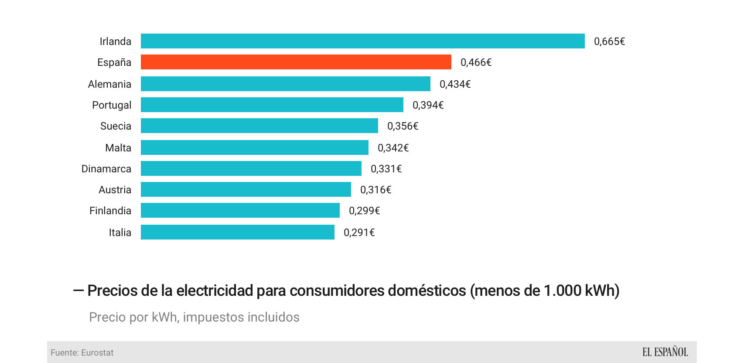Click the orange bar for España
click(296, 62)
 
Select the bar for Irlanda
click(362, 41)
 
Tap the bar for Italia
click(237, 232)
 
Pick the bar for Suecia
click(259, 126)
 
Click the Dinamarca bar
click(251, 168)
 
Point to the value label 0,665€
click(609, 41)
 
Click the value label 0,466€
click(476, 62)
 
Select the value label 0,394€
click(428, 105)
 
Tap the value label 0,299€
click(364, 211)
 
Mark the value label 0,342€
click(393, 148)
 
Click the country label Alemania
click(109, 84)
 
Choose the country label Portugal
click(112, 105)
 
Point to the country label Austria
click(115, 190)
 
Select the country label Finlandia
click(110, 211)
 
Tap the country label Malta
click(118, 148)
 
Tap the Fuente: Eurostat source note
click(82, 353)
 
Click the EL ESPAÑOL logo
click(665, 352)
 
